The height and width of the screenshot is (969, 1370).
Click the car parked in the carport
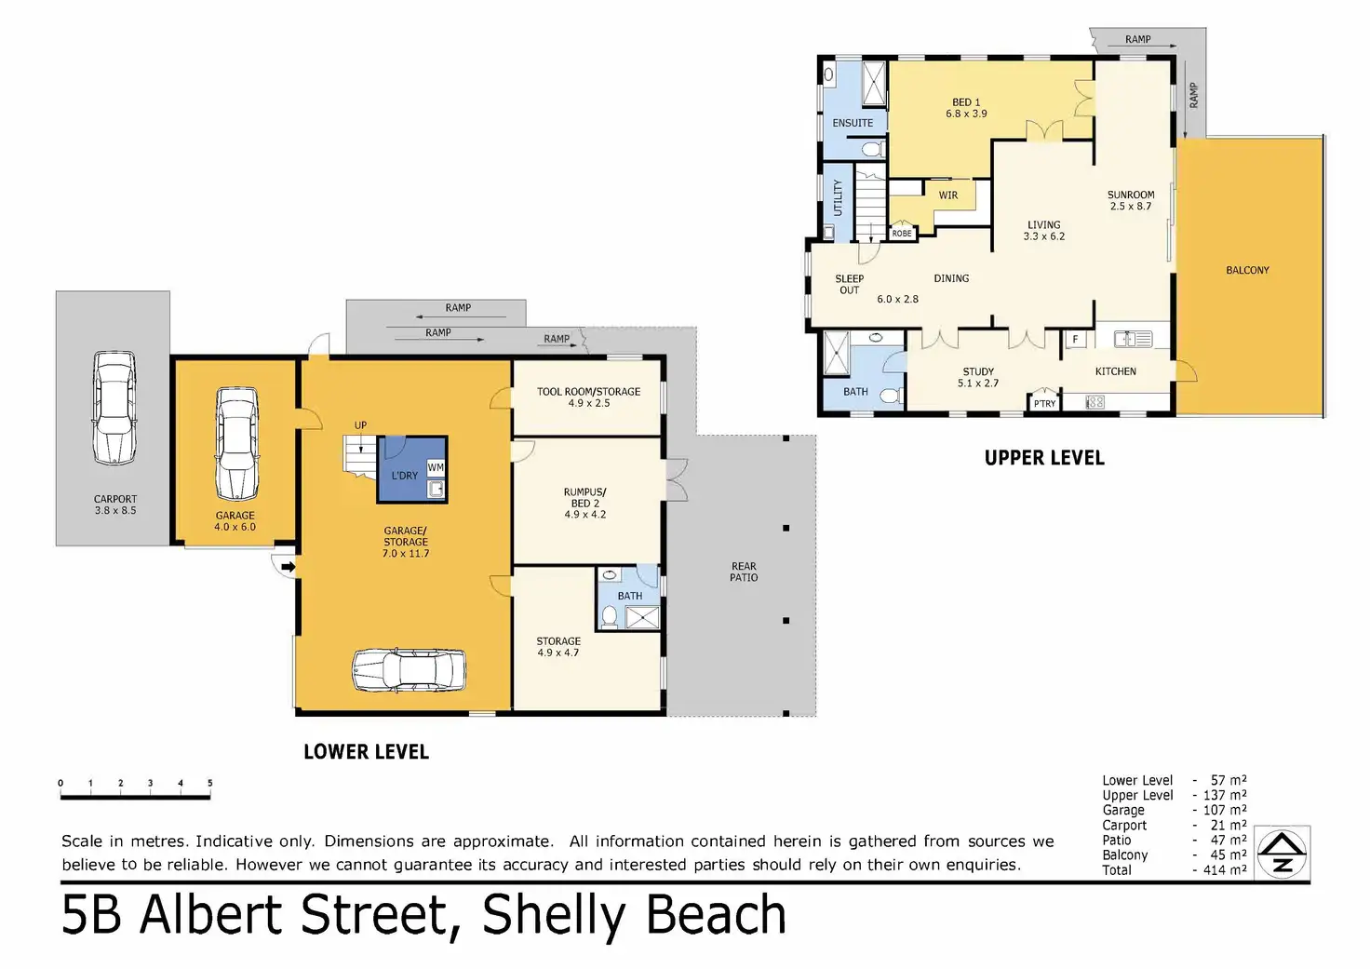click(114, 408)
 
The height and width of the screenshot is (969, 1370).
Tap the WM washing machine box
click(436, 468)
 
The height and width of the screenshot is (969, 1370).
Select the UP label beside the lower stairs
click(361, 425)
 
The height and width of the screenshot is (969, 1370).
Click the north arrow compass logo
click(1282, 853)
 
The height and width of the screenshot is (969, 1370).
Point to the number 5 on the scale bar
click(209, 783)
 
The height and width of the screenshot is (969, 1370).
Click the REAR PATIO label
click(744, 572)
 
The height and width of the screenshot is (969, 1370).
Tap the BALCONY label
click(1248, 270)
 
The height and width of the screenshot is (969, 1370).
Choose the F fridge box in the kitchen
click(1075, 340)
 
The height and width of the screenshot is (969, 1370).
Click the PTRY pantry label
click(1044, 404)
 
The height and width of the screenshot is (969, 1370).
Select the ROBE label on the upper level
click(902, 233)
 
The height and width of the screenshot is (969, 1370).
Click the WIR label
click(948, 195)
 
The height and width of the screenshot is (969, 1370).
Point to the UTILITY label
click(838, 197)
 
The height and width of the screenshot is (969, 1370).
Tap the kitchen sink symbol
click(1133, 338)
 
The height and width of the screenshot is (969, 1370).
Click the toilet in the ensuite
click(873, 149)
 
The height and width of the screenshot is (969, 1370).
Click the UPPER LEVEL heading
click(1044, 458)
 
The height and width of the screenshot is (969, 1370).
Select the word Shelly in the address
click(554, 916)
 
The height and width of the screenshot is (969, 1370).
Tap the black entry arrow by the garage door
click(289, 567)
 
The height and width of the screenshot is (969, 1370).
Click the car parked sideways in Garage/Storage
click(409, 670)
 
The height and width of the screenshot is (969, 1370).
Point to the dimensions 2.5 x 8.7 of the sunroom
click(1131, 206)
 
